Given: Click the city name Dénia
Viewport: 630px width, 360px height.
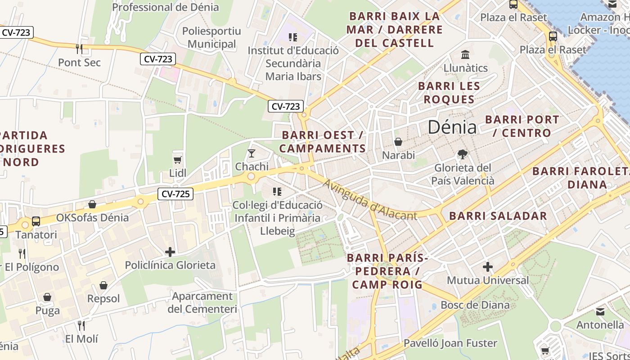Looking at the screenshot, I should pyautogui.click(x=452, y=127).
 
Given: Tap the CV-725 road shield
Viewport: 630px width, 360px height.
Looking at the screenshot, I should pyautogui.click(x=175, y=194).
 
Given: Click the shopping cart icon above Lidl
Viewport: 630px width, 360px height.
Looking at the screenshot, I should pyautogui.click(x=178, y=160).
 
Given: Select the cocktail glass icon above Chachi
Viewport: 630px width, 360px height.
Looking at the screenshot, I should pyautogui.click(x=252, y=153).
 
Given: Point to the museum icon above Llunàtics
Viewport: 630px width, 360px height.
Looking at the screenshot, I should pyautogui.click(x=465, y=55).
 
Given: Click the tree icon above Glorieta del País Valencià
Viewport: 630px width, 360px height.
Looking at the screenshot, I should pyautogui.click(x=462, y=155).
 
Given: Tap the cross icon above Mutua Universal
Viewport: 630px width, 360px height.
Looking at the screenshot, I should pyautogui.click(x=488, y=267).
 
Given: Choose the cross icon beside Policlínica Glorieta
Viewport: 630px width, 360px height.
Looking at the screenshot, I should pyautogui.click(x=170, y=252).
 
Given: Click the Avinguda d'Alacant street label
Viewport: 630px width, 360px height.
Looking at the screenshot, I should pyautogui.click(x=370, y=200).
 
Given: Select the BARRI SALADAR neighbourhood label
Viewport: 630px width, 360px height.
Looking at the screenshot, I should pyautogui.click(x=498, y=216).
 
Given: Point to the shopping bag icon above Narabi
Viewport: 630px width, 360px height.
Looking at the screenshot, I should pyautogui.click(x=398, y=142).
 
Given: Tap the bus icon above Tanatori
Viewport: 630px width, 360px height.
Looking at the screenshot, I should pyautogui.click(x=36, y=221).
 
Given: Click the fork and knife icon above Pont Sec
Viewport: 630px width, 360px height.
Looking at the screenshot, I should pyautogui.click(x=79, y=49).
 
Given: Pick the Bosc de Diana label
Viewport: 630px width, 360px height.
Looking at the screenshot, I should pyautogui.click(x=475, y=305).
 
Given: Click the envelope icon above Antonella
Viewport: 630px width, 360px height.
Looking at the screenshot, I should pyautogui.click(x=600, y=311).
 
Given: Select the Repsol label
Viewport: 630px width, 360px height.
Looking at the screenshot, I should pyautogui.click(x=103, y=299).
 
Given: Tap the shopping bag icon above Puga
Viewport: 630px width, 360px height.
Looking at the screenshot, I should pyautogui.click(x=47, y=297).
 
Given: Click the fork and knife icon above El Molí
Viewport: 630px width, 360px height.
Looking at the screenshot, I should pyautogui.click(x=81, y=325).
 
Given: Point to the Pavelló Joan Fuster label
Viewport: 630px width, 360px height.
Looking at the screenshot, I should pyautogui.click(x=450, y=343).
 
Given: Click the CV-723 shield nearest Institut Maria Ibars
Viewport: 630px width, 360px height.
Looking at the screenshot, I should pyautogui.click(x=286, y=107).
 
